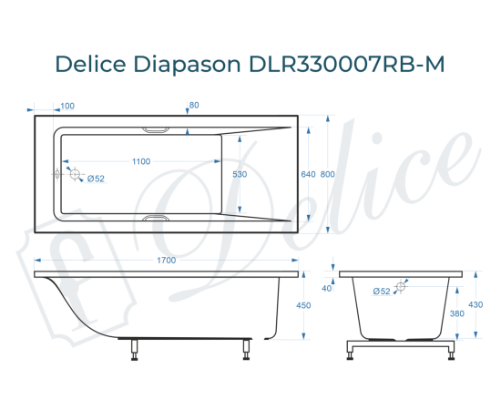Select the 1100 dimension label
click(141, 161)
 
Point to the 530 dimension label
click(240, 174)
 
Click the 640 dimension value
click(308, 174)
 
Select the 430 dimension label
click(475, 304)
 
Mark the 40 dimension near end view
click(326, 288)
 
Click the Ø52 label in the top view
click(96, 179)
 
